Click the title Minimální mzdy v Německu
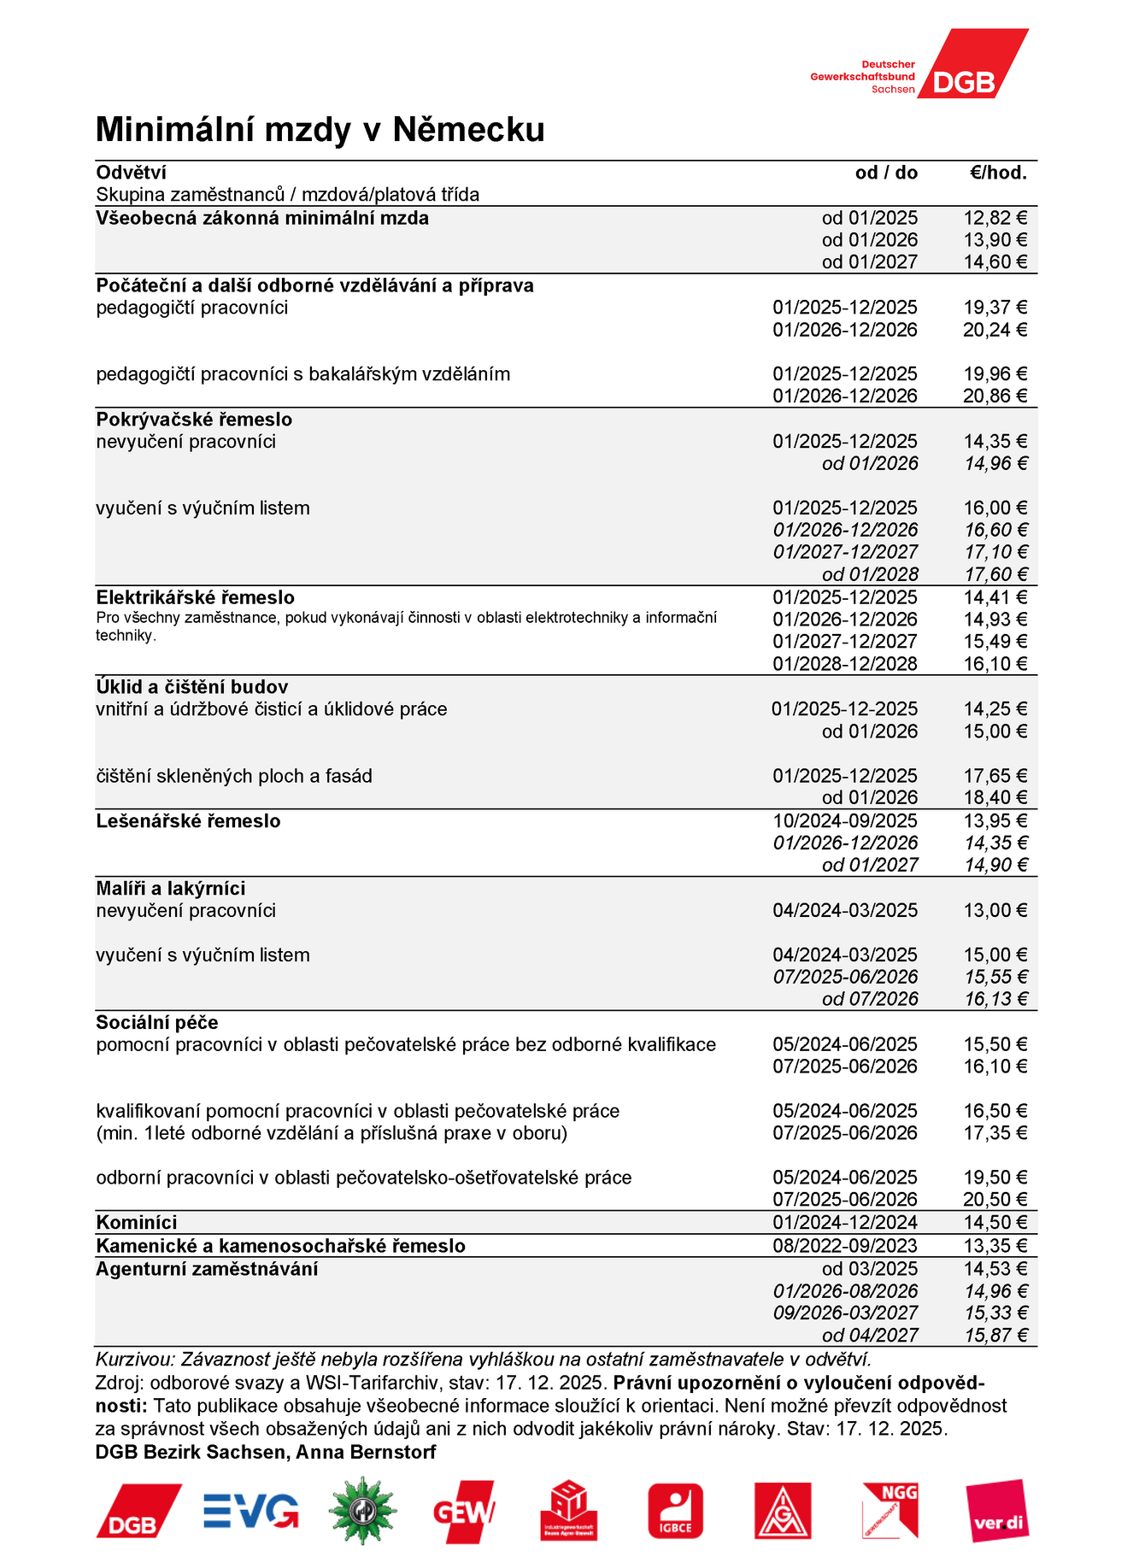[320, 130]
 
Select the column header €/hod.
[997, 173]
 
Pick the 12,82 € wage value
[995, 218]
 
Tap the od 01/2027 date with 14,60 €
[869, 262]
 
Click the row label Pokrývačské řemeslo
[194, 420]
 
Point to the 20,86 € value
[995, 396]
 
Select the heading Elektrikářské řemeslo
[195, 597]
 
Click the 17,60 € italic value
[995, 574]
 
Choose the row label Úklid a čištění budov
[191, 687]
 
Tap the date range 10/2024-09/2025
[844, 821]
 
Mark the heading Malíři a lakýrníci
[170, 889]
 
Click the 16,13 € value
[995, 999]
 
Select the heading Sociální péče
[157, 1023]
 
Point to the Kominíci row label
[137, 1223]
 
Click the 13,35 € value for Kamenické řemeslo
[995, 1246]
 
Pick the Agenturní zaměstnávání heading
[207, 1269]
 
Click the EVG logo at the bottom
[250, 1511]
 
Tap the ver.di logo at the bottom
[997, 1511]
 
